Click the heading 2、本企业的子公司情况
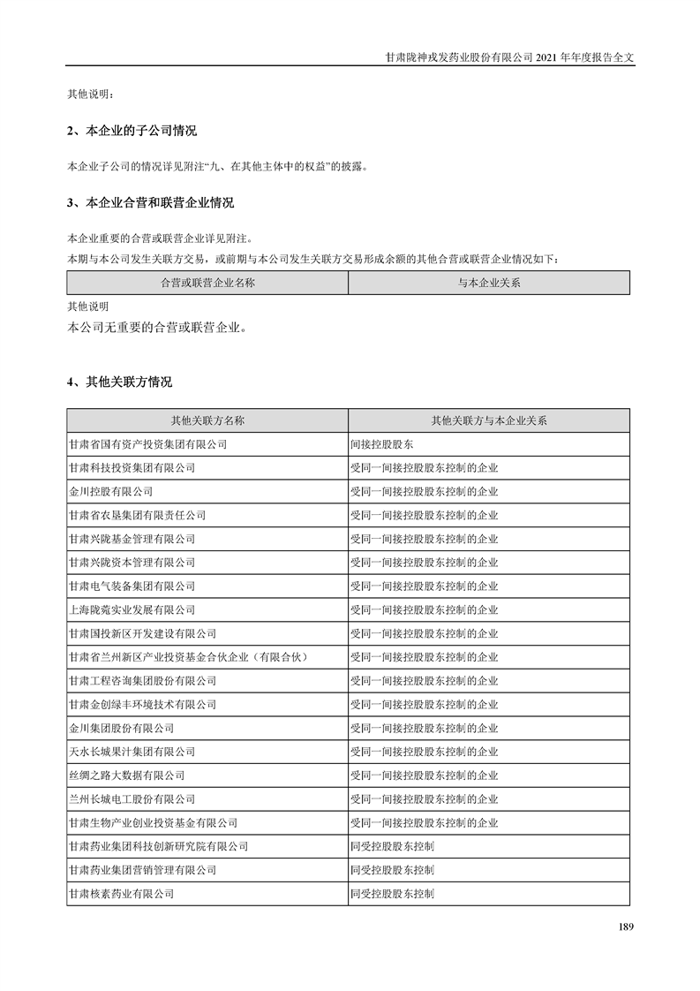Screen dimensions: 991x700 [132, 132]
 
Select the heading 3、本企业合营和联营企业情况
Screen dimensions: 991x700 [151, 203]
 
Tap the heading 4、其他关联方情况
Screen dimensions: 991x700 [120, 382]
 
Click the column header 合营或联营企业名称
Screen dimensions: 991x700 [207, 283]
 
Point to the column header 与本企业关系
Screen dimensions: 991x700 [489, 283]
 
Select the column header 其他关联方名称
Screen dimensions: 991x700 [207, 420]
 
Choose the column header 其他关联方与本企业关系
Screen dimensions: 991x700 [489, 420]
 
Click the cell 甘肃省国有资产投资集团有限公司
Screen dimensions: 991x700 [147, 444]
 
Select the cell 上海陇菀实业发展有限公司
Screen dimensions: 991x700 [132, 609]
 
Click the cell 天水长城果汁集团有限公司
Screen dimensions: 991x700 [132, 752]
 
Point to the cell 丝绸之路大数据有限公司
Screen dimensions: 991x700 [126, 775]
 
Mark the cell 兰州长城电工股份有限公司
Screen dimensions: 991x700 [132, 799]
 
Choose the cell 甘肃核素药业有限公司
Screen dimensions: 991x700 [121, 894]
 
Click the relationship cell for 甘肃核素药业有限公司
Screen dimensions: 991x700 [393, 894]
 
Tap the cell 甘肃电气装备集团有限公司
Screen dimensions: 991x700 [132, 586]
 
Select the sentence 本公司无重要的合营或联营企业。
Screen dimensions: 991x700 [156, 327]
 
